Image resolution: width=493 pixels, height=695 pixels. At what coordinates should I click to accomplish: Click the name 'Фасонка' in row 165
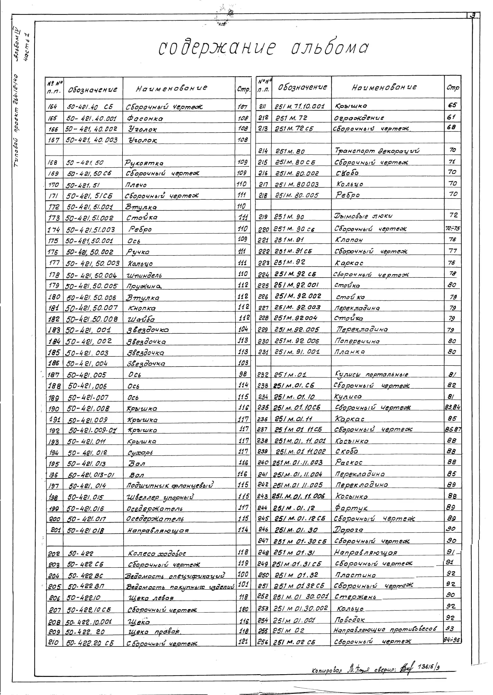pyautogui.click(x=145, y=119)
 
